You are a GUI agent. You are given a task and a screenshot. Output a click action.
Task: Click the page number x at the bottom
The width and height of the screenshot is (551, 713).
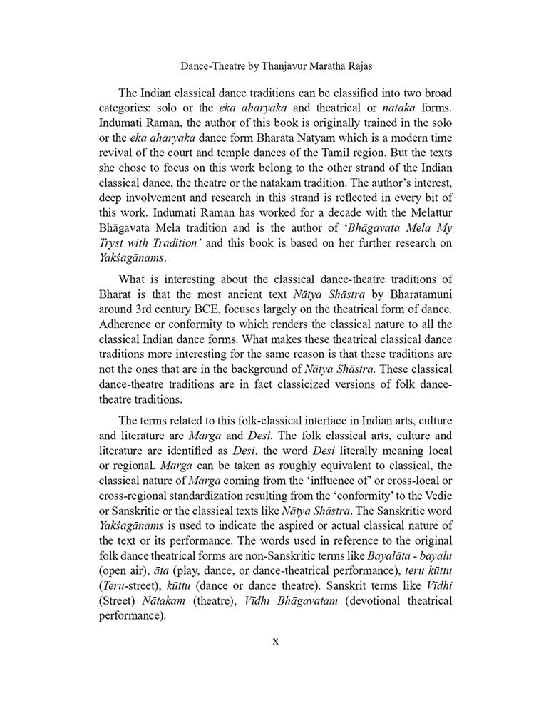[x=275, y=640]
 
